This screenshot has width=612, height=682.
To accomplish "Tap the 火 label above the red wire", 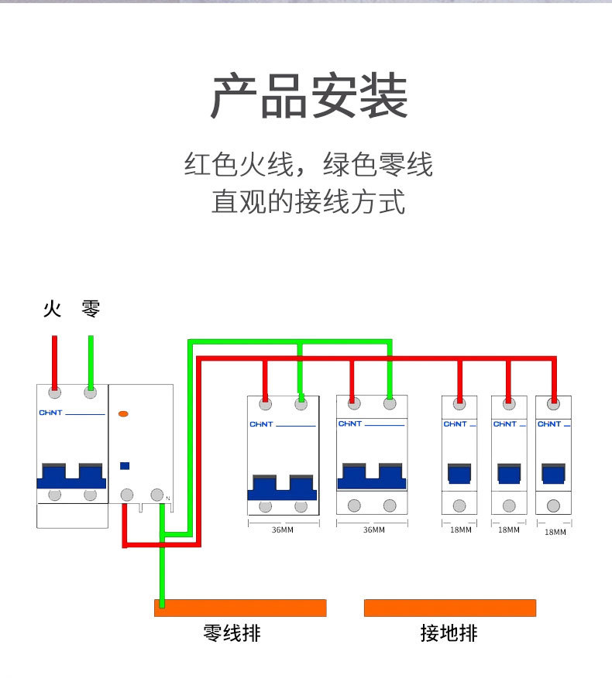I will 52,310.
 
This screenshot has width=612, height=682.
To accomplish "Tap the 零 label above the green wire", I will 91,310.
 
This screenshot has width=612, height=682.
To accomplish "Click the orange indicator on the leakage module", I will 123,415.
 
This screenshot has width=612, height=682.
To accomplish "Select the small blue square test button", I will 124,466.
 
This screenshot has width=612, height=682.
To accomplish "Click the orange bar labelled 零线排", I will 240,608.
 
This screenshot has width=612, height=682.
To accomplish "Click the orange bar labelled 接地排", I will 450,608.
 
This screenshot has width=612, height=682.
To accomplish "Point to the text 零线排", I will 232,633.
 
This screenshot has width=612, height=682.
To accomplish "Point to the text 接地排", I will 449,633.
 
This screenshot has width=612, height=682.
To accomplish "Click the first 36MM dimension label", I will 282,530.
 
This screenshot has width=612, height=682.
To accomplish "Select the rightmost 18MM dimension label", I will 555,532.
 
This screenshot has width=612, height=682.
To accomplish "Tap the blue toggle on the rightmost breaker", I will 553,473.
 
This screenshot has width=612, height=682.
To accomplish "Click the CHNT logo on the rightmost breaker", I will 549,424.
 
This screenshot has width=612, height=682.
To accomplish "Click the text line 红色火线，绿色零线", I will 308,165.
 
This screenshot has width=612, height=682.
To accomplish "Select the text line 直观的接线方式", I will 308,202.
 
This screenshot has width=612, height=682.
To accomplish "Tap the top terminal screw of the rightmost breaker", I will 553,403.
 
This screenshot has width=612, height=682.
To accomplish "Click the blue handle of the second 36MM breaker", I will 371,475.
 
